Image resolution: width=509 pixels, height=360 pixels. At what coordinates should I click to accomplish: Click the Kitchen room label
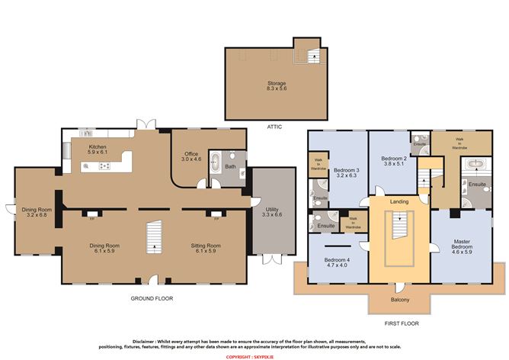[97, 149]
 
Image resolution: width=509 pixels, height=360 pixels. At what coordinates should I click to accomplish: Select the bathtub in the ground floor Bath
[215, 165]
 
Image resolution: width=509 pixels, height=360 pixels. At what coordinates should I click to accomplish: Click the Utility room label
[272, 212]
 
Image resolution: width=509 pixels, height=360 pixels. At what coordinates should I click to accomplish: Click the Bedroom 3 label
[345, 172]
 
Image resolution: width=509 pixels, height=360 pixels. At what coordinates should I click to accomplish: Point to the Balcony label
[400, 300]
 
